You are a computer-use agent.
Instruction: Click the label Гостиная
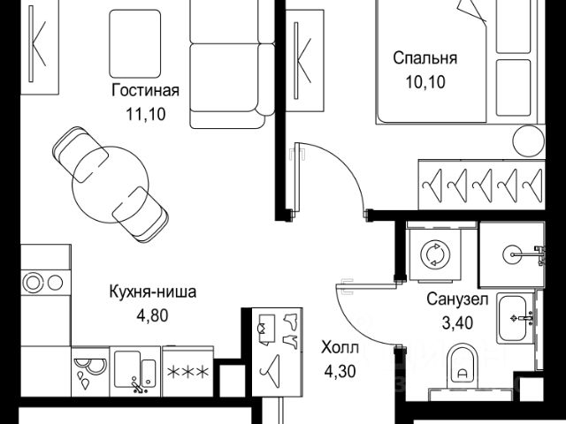point(145,91)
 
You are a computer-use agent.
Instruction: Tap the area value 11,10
point(145,113)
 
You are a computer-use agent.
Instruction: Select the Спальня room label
point(424,59)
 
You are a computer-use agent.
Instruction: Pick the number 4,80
point(150,314)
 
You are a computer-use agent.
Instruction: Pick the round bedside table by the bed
point(530,140)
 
